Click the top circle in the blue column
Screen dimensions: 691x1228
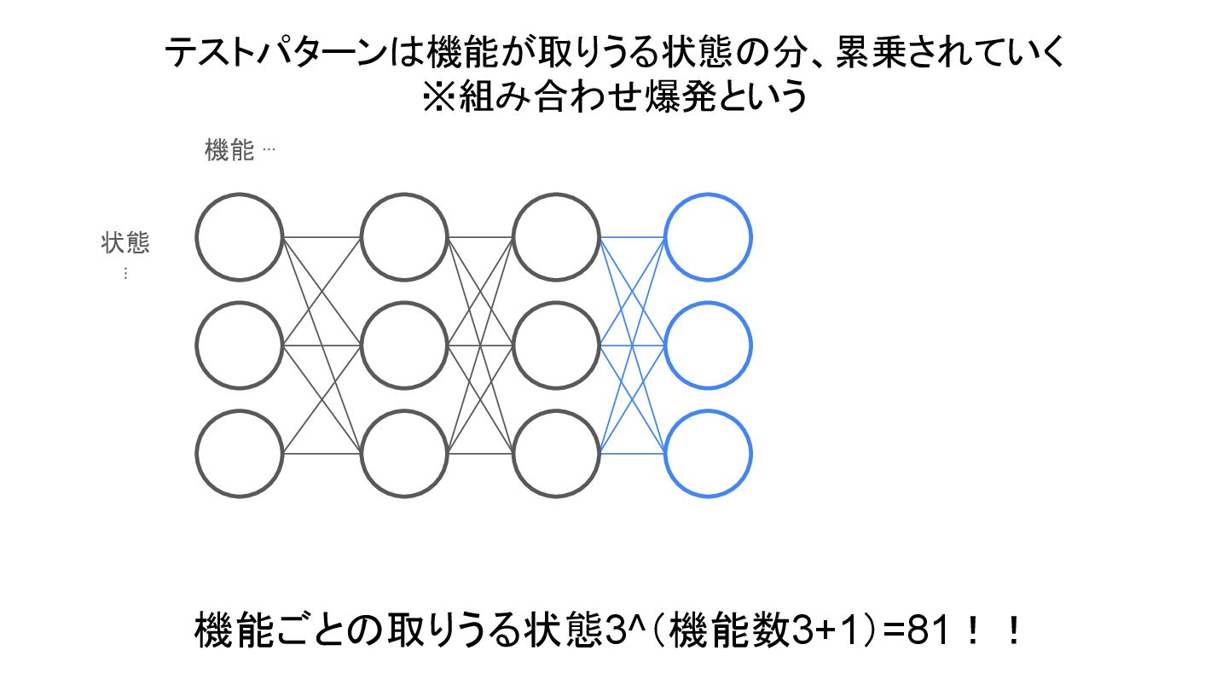(x=708, y=237)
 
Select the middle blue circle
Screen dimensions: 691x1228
(x=708, y=345)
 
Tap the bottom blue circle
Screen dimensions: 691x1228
(x=708, y=453)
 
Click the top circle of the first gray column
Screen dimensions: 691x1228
(x=239, y=237)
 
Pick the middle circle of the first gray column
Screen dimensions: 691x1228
(x=239, y=345)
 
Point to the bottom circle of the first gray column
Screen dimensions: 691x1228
(x=239, y=453)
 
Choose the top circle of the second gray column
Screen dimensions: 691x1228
(x=403, y=237)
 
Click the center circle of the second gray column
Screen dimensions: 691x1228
(x=403, y=345)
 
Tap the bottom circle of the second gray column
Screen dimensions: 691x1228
(x=403, y=453)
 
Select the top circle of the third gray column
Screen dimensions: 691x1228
(x=557, y=237)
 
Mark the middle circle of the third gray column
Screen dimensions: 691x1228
(x=557, y=345)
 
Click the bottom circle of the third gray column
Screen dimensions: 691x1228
(x=557, y=453)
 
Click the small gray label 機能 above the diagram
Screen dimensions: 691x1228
(x=229, y=151)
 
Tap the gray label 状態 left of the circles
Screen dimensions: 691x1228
(x=125, y=243)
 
